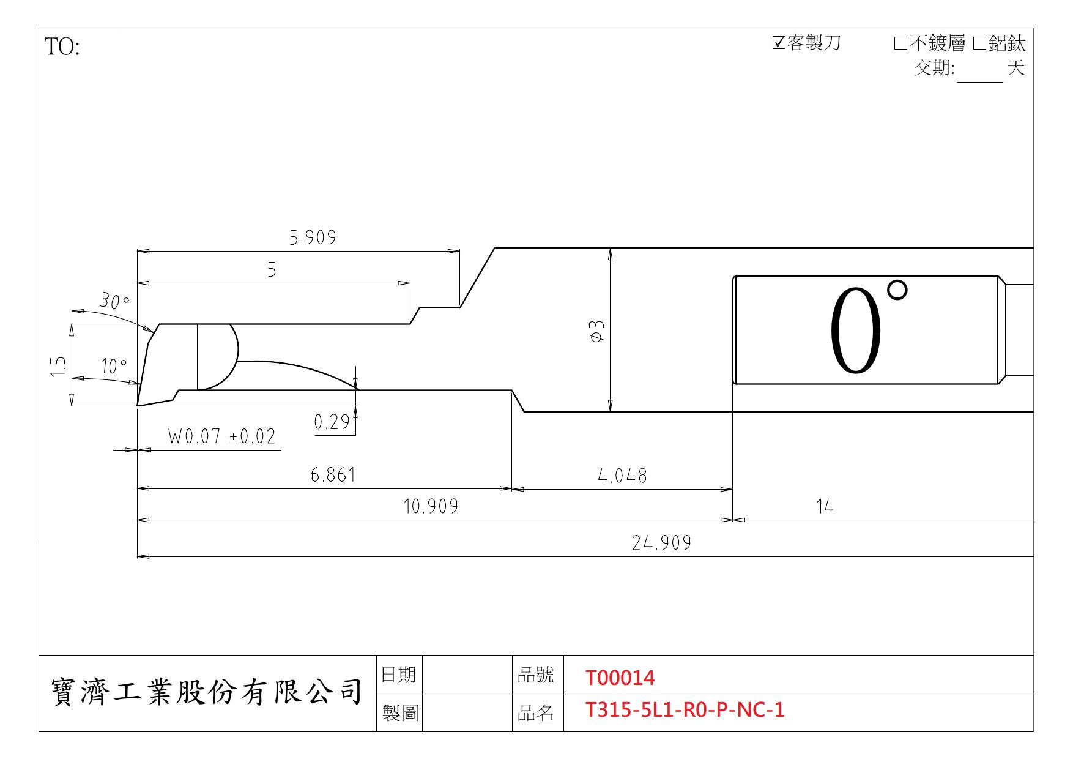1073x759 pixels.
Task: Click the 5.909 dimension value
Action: (313, 237)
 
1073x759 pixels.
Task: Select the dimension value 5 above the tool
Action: (272, 270)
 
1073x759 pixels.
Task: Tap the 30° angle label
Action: (114, 301)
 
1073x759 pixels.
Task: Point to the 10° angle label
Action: (114, 366)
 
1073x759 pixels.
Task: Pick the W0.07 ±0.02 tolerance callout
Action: (222, 436)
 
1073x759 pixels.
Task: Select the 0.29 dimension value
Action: (332, 422)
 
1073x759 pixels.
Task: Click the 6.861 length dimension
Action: (333, 475)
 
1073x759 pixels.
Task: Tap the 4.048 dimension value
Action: (622, 476)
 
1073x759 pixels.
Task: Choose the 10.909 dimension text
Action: (431, 506)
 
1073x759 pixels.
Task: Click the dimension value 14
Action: (825, 506)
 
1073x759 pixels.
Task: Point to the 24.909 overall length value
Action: (662, 543)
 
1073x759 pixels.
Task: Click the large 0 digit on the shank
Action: (856, 331)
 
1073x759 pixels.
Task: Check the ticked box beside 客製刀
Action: (779, 43)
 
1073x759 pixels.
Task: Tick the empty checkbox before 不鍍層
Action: (900, 43)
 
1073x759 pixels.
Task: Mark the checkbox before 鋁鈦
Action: (980, 43)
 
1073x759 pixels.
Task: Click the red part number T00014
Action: (620, 678)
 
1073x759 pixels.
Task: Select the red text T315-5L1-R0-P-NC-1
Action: (685, 710)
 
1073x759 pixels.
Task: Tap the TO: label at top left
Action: (62, 47)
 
